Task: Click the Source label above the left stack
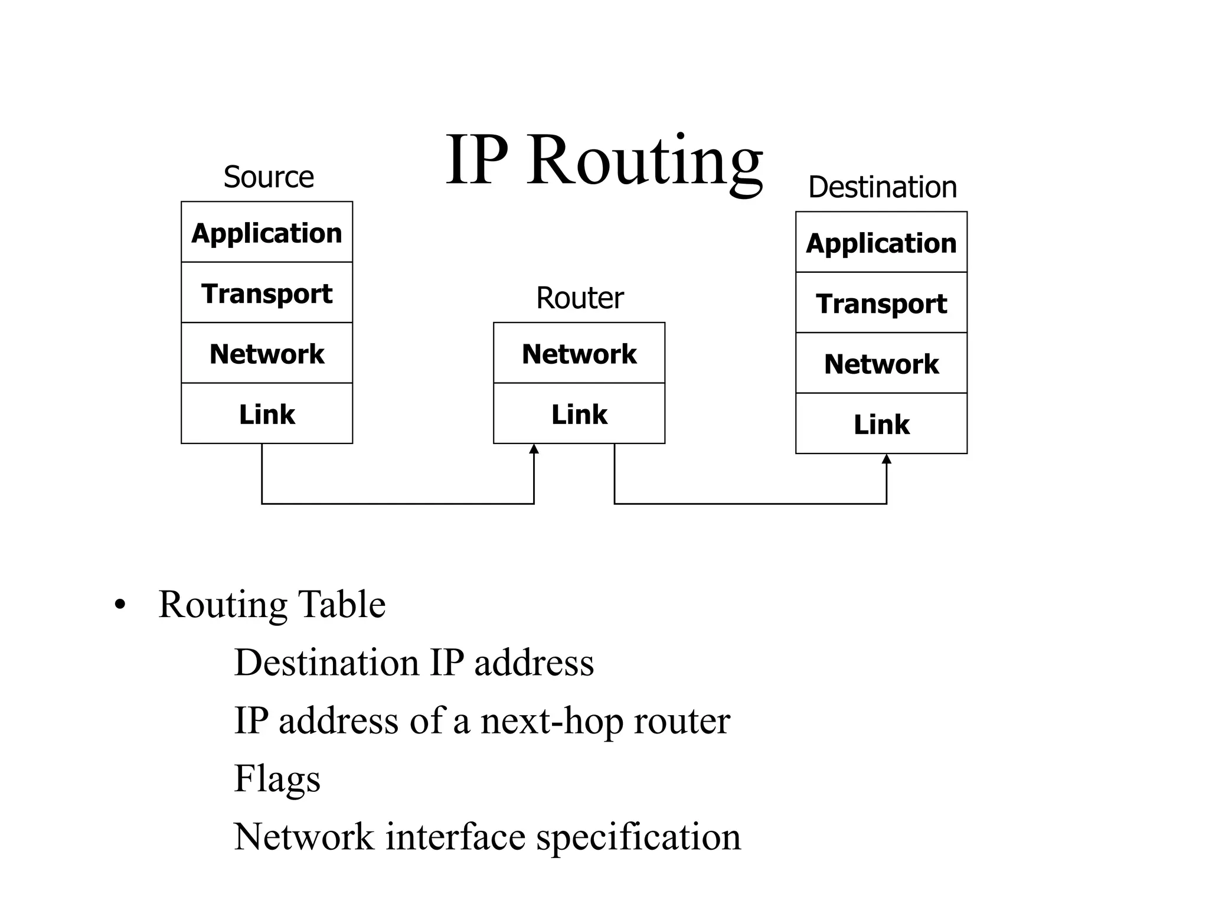tap(269, 177)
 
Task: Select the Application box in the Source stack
tap(267, 232)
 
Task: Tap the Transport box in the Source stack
tap(267, 293)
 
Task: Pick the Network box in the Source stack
tap(267, 353)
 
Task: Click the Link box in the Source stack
tap(267, 413)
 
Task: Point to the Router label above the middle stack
tap(580, 298)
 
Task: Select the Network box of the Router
tap(579, 353)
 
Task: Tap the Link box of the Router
tap(579, 413)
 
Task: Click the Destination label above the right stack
tap(882, 187)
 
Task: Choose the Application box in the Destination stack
tap(881, 243)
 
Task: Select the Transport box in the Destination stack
tap(881, 303)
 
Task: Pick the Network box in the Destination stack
tap(881, 363)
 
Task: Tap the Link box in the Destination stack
tap(881, 424)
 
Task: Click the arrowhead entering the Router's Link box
tap(534, 449)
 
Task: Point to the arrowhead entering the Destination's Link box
tap(886, 459)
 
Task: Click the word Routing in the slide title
tap(645, 161)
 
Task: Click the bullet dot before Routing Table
tap(120, 606)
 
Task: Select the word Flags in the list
tap(277, 778)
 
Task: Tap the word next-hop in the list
tap(551, 721)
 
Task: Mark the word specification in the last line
tap(638, 837)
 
